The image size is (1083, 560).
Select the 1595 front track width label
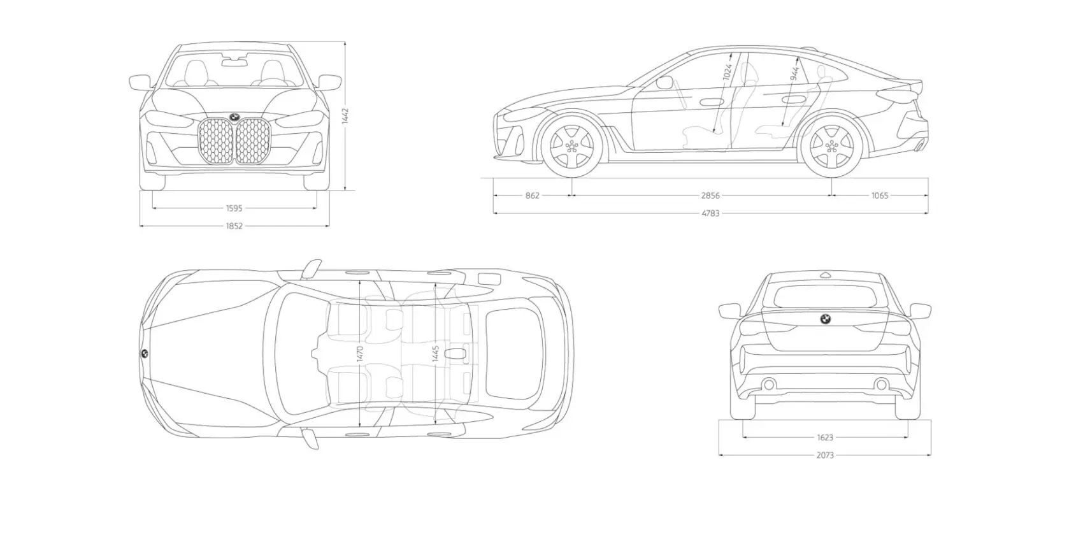pyautogui.click(x=234, y=208)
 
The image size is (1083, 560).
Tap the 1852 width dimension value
pyautogui.click(x=234, y=226)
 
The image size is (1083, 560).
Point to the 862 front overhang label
pyautogui.click(x=533, y=196)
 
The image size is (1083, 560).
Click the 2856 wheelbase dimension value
pyautogui.click(x=710, y=196)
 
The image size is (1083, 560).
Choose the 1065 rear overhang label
pyautogui.click(x=880, y=196)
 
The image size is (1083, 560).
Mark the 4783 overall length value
pyautogui.click(x=710, y=213)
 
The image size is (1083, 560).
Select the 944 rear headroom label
pyautogui.click(x=794, y=73)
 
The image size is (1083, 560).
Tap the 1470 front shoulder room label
pyautogui.click(x=360, y=354)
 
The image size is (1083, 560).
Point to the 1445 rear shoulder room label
pyautogui.click(x=436, y=354)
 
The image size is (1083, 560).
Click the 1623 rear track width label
pyautogui.click(x=825, y=438)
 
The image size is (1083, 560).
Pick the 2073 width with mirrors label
pyautogui.click(x=825, y=456)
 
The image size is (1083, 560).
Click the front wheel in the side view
pyautogui.click(x=571, y=145)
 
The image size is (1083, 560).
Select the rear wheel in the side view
pyautogui.click(x=831, y=145)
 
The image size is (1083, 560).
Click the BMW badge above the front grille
pyautogui.click(x=234, y=117)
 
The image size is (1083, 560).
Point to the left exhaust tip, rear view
pyautogui.click(x=769, y=384)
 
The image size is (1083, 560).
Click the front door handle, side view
pyautogui.click(x=708, y=101)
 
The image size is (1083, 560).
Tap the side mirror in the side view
pyautogui.click(x=664, y=82)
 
